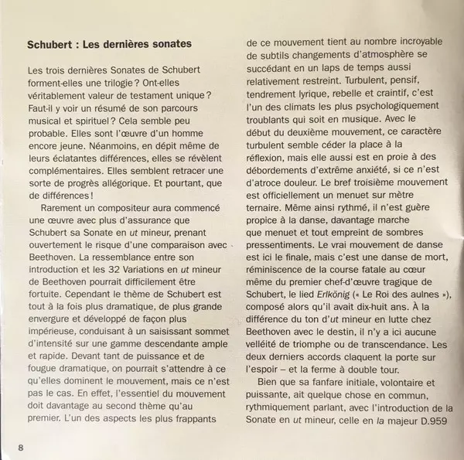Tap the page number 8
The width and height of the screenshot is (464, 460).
[x=22, y=445]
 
